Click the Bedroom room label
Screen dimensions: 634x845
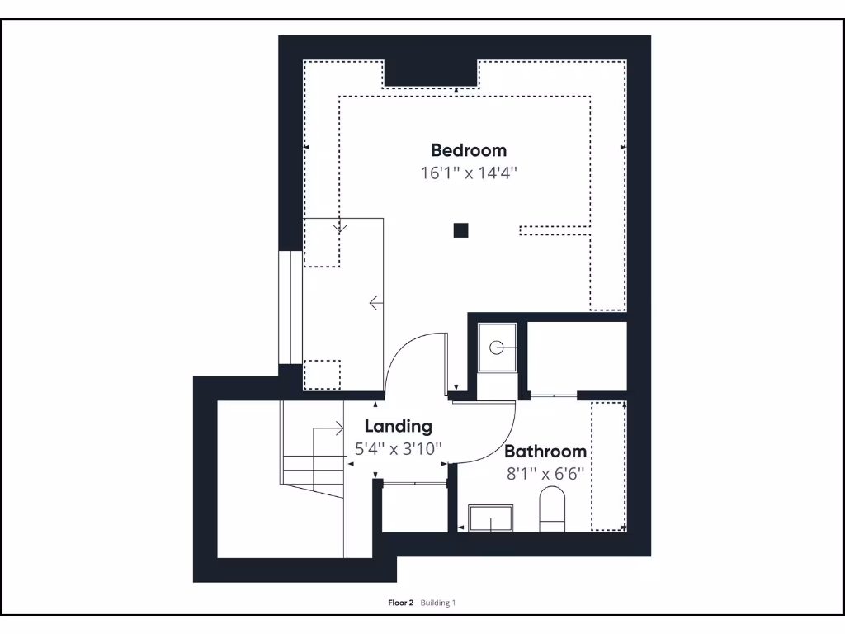tap(468, 150)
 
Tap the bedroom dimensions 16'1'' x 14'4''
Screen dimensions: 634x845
tap(468, 173)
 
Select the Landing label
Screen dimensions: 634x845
tap(398, 427)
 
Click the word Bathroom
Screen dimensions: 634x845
tap(545, 452)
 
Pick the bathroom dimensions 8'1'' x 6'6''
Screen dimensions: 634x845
tap(545, 474)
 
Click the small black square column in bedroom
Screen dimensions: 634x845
tap(460, 231)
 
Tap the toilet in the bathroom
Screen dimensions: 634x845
tap(551, 508)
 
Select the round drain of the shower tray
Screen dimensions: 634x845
tap(496, 348)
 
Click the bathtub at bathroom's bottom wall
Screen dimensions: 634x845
tap(490, 519)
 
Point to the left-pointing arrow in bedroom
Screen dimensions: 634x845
tap(376, 304)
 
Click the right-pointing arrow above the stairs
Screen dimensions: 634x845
tap(337, 428)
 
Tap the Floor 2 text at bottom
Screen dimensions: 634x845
tap(400, 603)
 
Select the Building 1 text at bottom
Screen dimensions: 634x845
tap(438, 603)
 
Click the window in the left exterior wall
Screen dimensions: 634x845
tap(290, 306)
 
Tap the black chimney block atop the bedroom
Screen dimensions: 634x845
tap(430, 73)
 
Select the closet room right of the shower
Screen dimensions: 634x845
tap(576, 356)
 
